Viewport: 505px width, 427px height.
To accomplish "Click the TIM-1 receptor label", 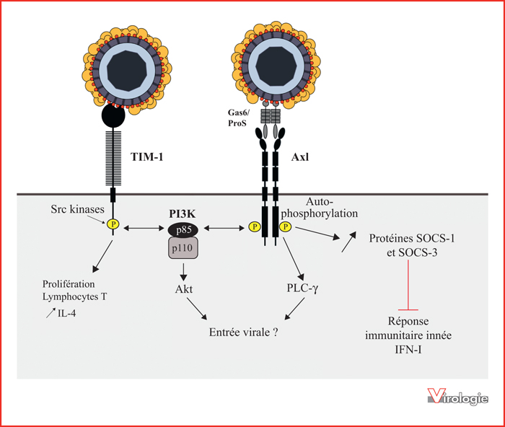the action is pos(147,157).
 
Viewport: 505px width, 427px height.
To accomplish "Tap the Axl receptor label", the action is pos(300,157).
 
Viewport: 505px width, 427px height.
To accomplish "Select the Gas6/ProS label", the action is pos(238,118).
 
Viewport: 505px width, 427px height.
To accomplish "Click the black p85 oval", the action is pos(183,230).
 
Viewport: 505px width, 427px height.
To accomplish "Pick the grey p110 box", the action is pos(183,248).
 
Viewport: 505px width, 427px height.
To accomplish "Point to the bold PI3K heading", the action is pos(183,213).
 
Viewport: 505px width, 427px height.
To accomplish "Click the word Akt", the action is pos(183,289).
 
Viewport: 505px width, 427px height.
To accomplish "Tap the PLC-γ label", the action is pos(302,288).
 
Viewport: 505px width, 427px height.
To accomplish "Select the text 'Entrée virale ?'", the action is pos(244,332).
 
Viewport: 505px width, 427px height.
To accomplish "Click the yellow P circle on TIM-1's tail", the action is pos(113,224).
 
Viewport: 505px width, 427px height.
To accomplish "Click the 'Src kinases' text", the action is pos(78,209).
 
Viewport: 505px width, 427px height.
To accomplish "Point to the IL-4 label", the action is pos(66,313).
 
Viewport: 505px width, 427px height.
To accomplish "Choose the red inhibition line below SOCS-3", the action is pos(408,285).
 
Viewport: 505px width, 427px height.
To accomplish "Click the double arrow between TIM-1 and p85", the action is pos(144,229).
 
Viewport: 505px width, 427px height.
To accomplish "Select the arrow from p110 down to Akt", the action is pos(183,272).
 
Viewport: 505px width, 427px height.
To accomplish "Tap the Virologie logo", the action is pos(457,396).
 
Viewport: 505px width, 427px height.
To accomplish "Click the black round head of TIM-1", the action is pos(113,116).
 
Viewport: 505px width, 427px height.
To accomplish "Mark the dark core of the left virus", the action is pos(127,71).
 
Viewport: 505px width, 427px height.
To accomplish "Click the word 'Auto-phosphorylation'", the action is pos(319,208).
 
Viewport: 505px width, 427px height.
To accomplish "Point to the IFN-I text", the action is pos(408,349).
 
